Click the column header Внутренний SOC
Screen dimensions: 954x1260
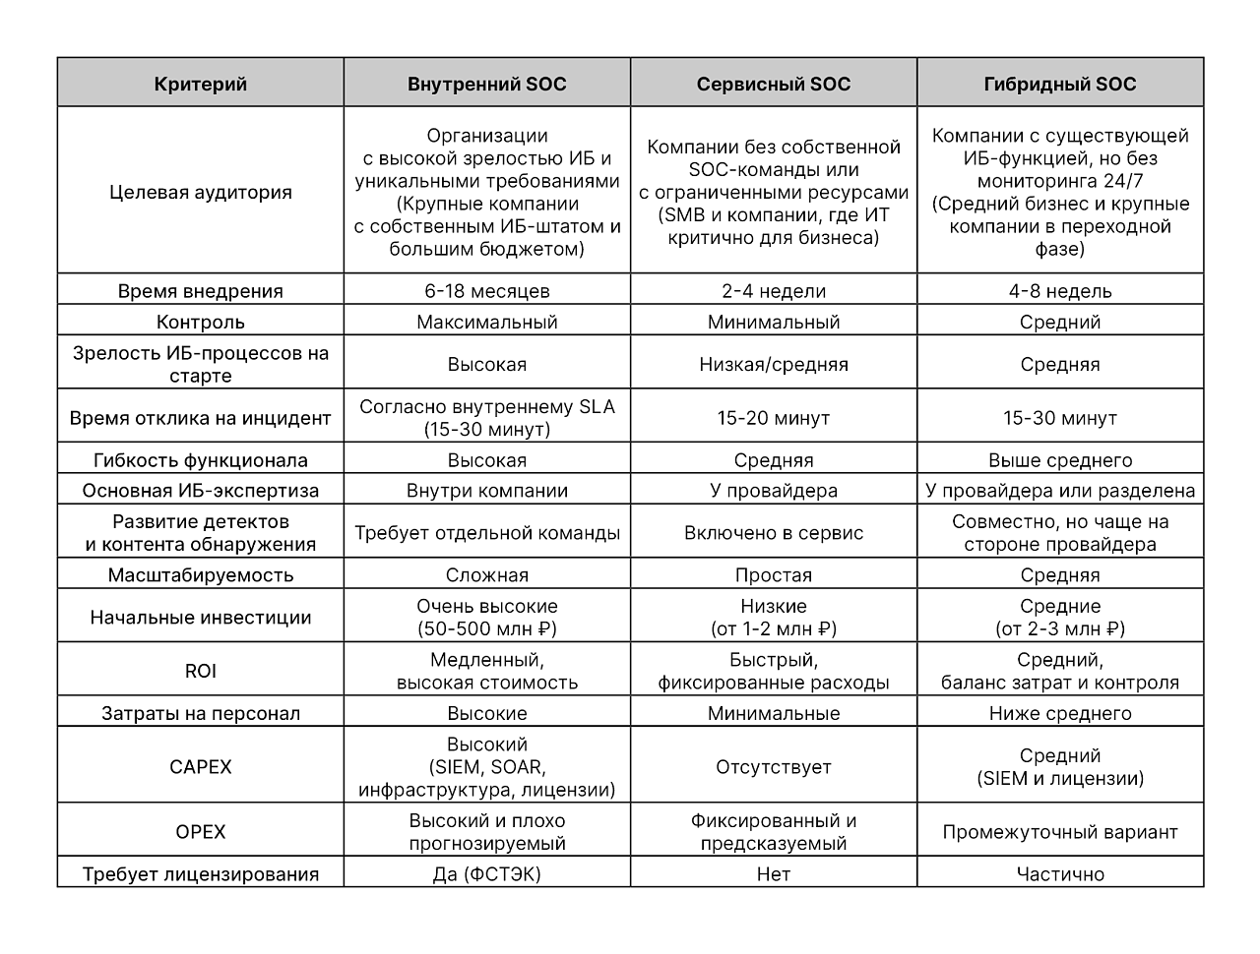click(x=486, y=84)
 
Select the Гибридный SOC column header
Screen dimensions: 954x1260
click(x=1059, y=84)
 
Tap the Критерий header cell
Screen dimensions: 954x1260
click(x=201, y=84)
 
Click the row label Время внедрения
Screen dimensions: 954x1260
click(x=201, y=291)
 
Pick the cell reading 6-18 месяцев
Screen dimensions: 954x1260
click(x=486, y=291)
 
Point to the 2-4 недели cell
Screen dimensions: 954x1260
click(x=773, y=291)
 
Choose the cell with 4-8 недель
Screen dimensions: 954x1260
click(x=1059, y=291)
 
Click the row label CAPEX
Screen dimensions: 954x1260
click(x=201, y=767)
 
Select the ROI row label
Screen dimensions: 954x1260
click(x=201, y=671)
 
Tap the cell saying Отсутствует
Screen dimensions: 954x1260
click(x=773, y=767)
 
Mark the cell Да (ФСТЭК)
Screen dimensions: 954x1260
click(x=486, y=874)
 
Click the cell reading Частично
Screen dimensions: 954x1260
click(x=1059, y=874)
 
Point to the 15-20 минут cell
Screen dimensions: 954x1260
click(x=773, y=418)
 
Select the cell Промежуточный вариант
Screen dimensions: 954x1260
click(x=1059, y=832)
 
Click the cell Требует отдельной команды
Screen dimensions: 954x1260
click(x=486, y=533)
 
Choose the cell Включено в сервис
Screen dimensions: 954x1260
click(x=773, y=533)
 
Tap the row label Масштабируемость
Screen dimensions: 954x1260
click(x=201, y=575)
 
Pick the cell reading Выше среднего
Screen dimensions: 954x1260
click(x=1059, y=460)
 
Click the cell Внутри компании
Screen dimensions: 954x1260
click(x=486, y=491)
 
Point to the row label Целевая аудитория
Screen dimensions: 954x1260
click(x=201, y=192)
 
